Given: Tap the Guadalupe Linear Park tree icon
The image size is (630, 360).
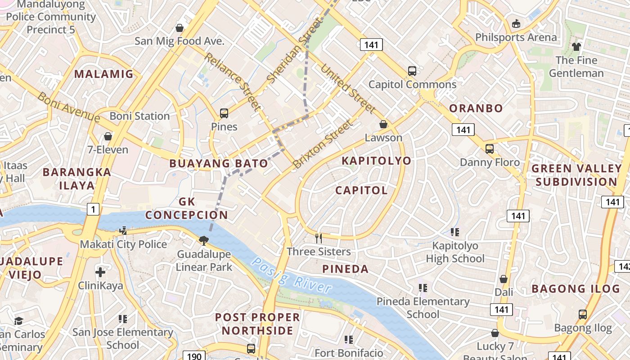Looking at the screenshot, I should coord(204,240).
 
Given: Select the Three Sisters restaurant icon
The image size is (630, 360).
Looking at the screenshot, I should coord(319,238).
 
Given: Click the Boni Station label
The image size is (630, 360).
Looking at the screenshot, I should coord(139,116).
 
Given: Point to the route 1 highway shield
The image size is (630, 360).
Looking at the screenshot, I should coord(93,209).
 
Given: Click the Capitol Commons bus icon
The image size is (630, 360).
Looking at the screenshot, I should coord(412,71).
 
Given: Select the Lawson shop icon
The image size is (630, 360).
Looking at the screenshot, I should coord(383,124).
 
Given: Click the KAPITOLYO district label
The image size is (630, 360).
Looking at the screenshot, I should coord(376,161).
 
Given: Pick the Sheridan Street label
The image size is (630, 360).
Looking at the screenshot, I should coord(295,50).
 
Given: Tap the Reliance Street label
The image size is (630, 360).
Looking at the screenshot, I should coord(232,81).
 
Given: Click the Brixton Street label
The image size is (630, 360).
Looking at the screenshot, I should coord(322,144).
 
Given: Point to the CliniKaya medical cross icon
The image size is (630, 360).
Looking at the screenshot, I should coord(100,272).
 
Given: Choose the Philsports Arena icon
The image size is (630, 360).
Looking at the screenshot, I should coord(516,23).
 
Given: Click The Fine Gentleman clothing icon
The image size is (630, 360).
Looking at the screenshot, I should coord(576,46).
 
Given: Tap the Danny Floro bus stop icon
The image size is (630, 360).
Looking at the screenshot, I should coord(490,148).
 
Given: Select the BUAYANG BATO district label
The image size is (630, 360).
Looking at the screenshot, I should coord(218,163).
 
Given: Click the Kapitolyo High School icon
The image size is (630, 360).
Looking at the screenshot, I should coord(455,232).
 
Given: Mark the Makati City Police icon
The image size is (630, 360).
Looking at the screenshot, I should coord(123,231).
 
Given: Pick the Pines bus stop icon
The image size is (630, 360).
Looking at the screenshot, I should coord(224,113).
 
